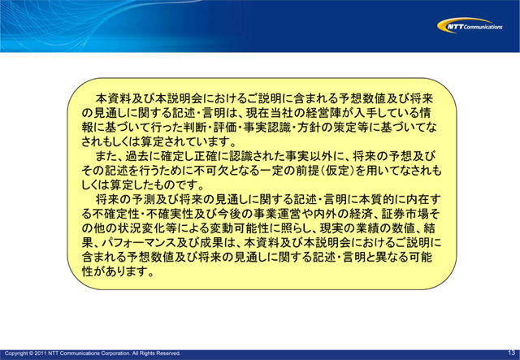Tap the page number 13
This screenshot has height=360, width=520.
(511, 353)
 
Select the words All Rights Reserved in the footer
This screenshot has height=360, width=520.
(152, 353)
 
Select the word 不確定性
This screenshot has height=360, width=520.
(110, 215)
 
